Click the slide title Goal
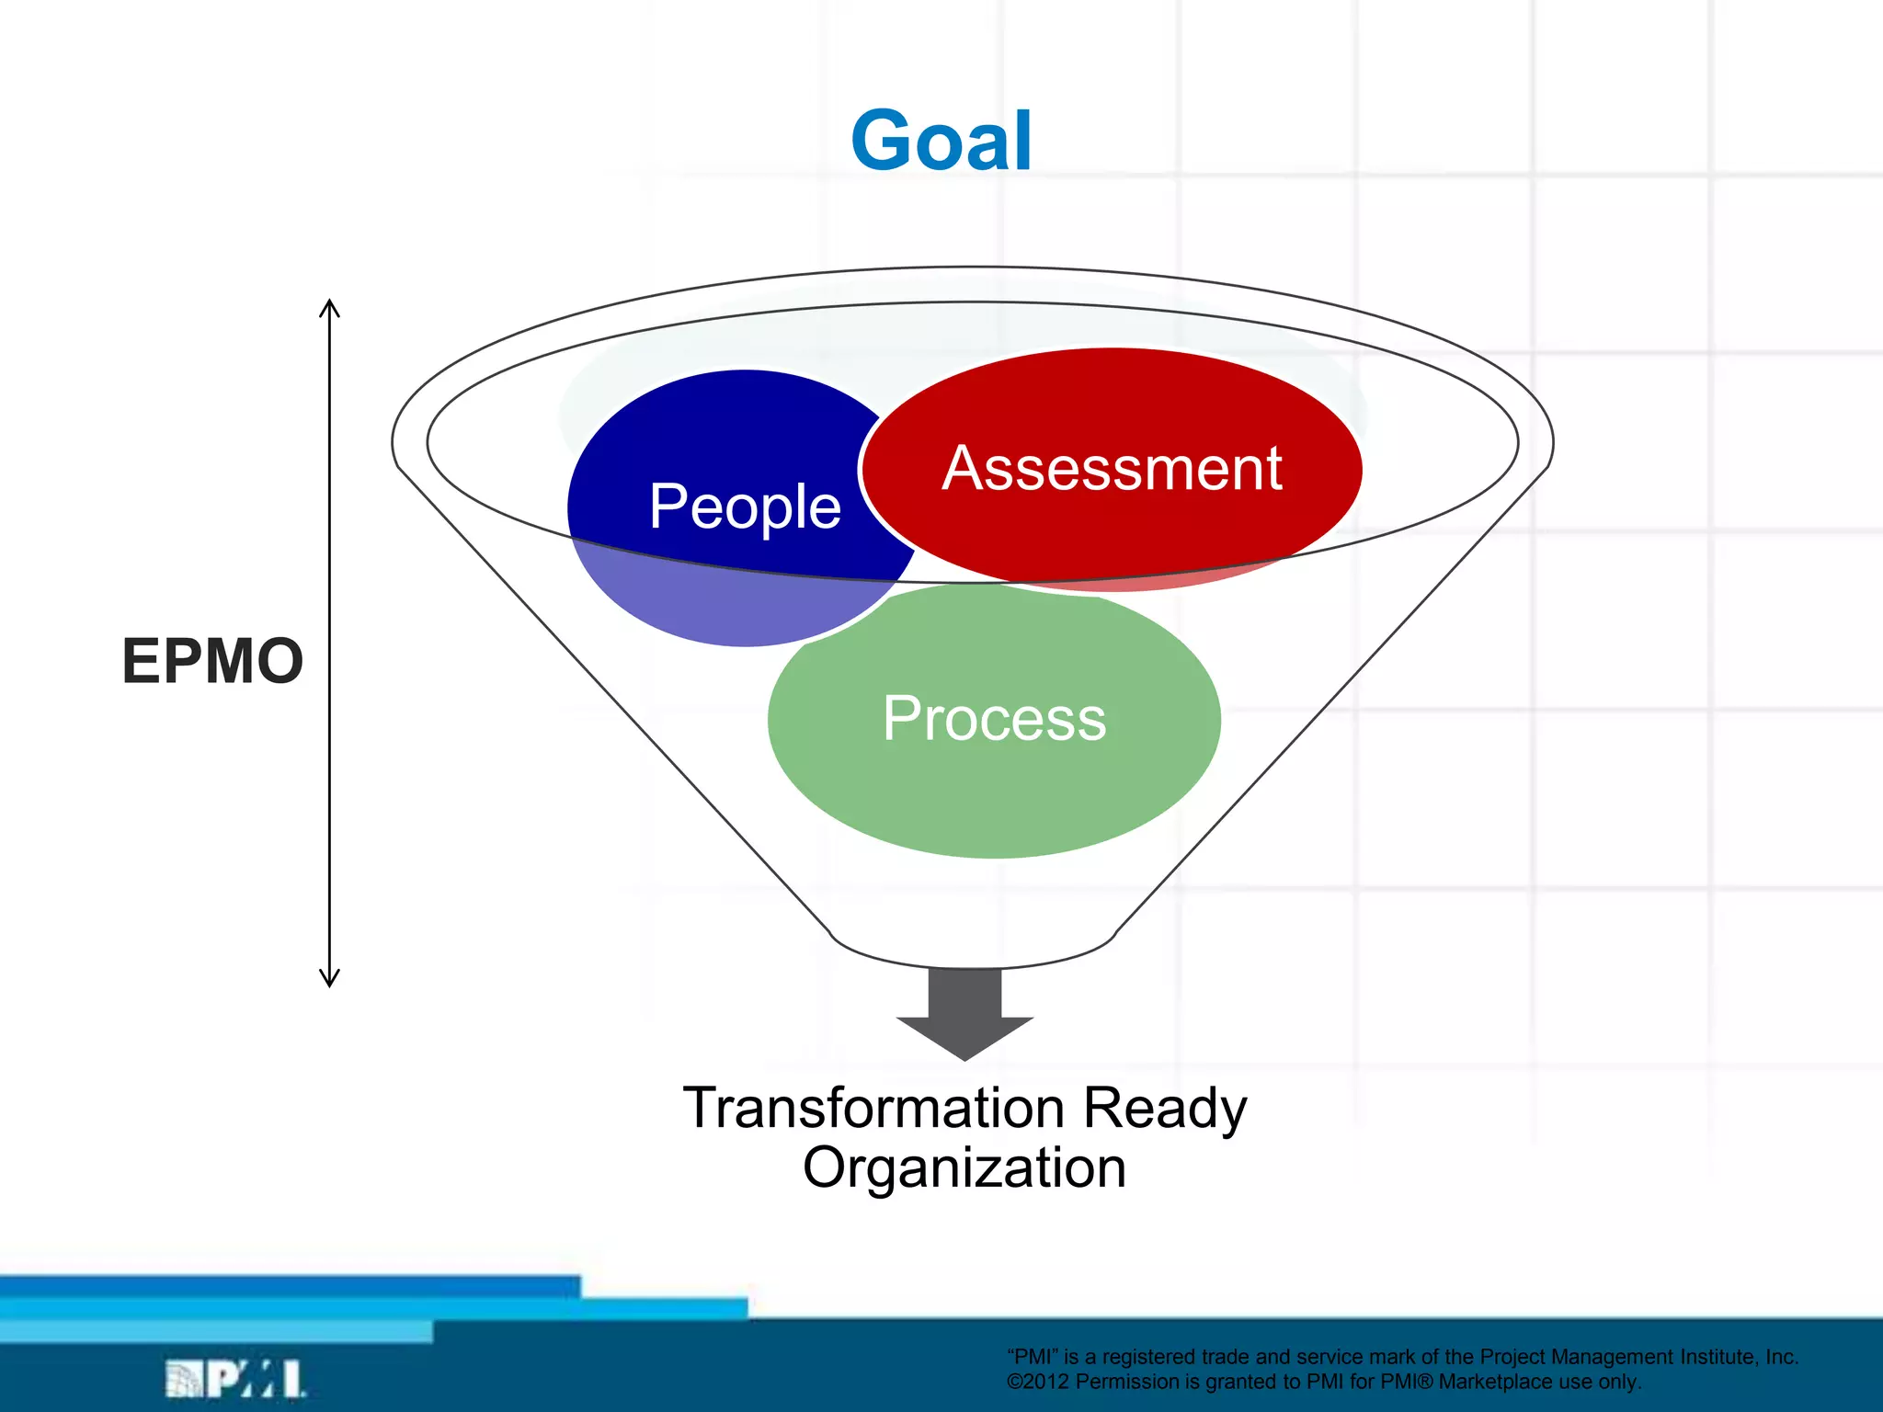click(x=941, y=141)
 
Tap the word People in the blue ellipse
click(x=745, y=507)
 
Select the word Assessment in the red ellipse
click(x=1112, y=469)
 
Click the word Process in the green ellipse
click(x=994, y=718)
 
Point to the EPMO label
click(x=212, y=661)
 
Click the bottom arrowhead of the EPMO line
click(x=330, y=979)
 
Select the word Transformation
click(x=873, y=1108)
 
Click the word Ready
click(x=1164, y=1108)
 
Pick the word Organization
click(x=964, y=1168)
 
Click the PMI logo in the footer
click(x=235, y=1379)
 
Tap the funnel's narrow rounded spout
click(x=972, y=951)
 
